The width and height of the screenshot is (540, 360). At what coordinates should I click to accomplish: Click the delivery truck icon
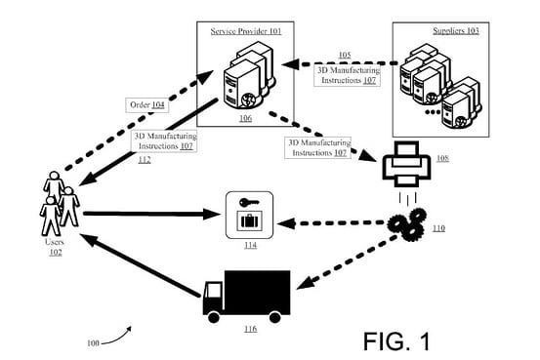click(x=246, y=295)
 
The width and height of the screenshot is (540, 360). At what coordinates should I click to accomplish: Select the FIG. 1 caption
click(x=395, y=340)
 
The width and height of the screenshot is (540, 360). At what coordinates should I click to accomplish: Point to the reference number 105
click(x=344, y=55)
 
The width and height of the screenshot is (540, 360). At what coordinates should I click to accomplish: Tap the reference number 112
click(x=144, y=160)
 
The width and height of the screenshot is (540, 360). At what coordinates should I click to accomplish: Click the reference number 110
click(x=437, y=228)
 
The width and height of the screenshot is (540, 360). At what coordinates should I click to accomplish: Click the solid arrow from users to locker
click(x=146, y=213)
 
